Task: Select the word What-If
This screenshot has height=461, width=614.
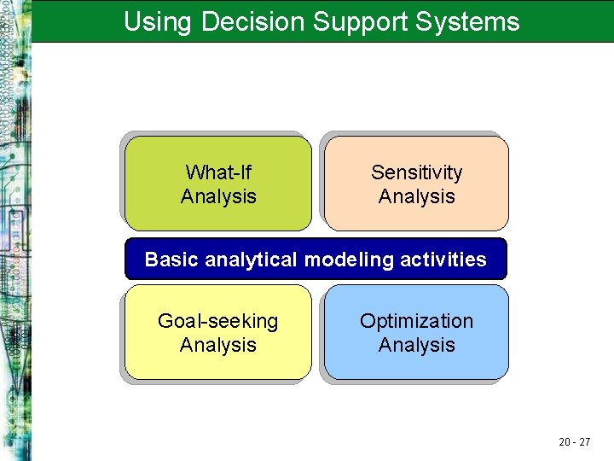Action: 218,172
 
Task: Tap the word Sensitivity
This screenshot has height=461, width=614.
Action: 417,172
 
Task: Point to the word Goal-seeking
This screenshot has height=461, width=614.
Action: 218,322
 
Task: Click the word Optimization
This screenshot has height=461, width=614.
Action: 417,321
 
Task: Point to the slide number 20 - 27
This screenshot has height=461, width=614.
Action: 575,441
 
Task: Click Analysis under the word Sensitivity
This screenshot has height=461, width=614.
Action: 417,196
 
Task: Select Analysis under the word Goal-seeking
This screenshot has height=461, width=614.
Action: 218,345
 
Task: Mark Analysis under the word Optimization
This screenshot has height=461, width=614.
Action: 417,345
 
